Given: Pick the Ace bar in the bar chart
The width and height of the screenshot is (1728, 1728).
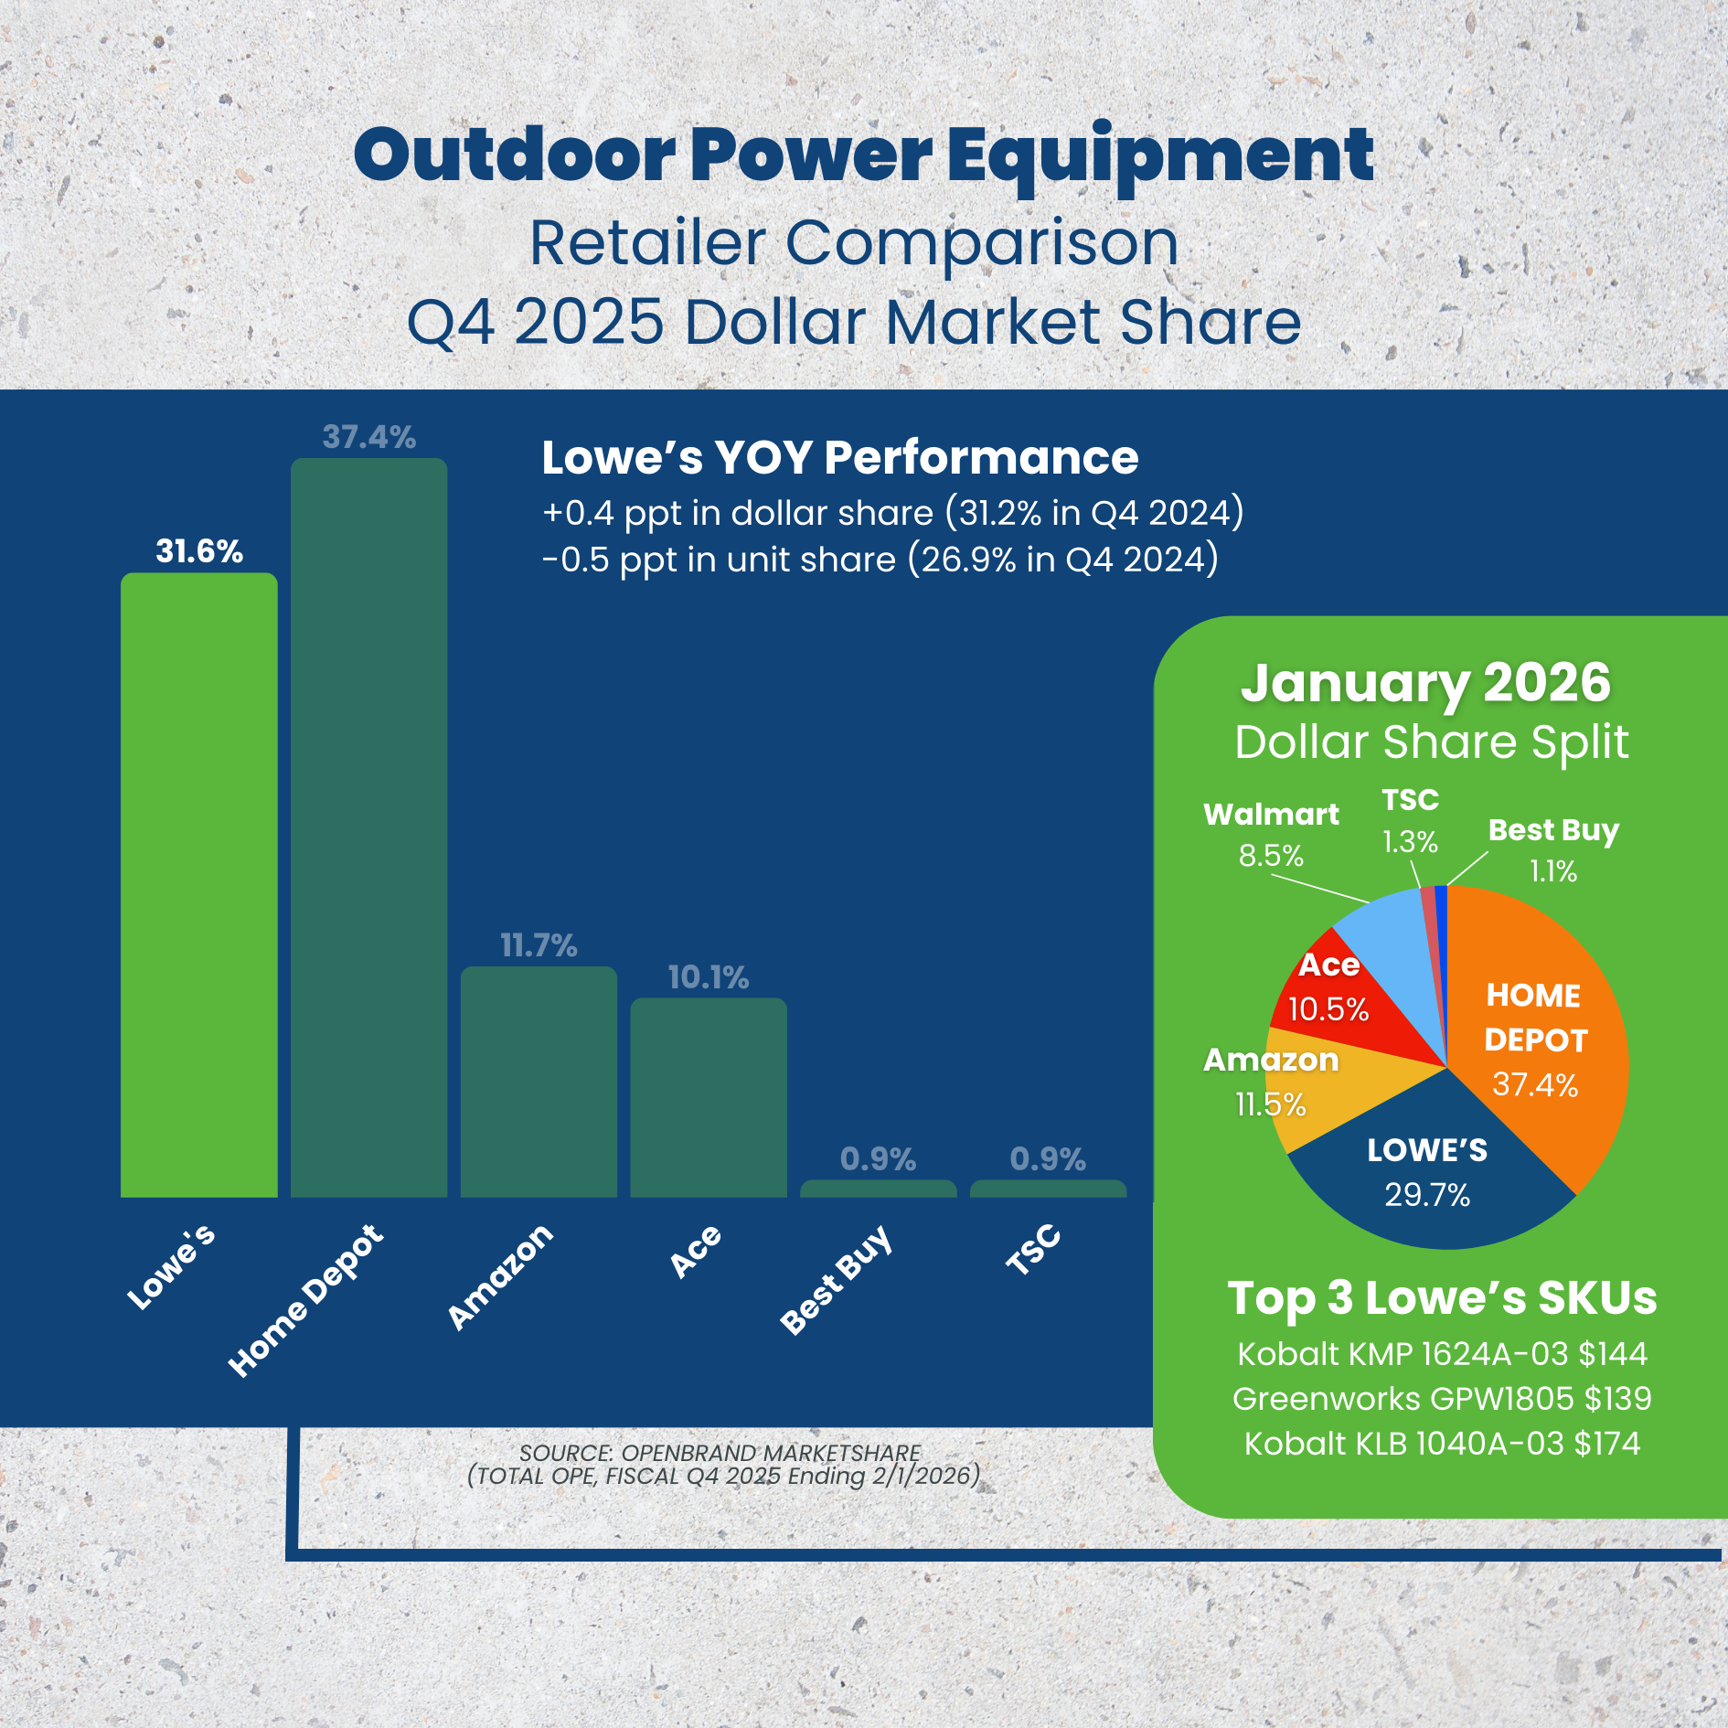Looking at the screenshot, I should [708, 1096].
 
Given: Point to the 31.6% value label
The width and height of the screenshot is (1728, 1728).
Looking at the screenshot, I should [199, 551].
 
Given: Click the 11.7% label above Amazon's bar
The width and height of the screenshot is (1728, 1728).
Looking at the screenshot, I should [539, 945].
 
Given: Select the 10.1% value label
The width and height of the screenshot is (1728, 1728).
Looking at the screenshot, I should [708, 977].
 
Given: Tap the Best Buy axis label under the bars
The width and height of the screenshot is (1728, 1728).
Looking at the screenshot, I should [836, 1279].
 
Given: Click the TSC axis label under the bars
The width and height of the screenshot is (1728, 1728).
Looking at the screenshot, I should [1033, 1249].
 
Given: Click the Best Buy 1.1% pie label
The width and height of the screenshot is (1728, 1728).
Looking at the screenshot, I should [1553, 849].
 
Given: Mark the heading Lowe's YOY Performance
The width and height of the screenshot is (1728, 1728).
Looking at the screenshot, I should [839, 457].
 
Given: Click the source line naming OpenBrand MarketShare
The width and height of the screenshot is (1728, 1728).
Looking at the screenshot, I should [720, 1453].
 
